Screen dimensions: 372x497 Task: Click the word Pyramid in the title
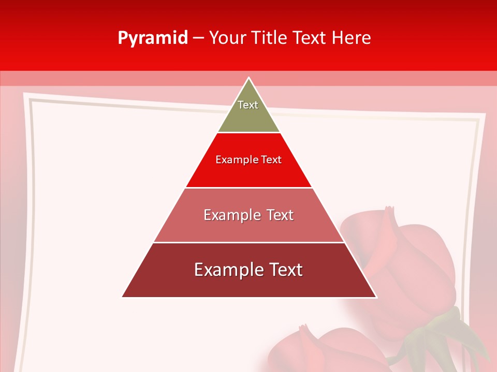(152, 38)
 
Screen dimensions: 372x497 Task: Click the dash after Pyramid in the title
(198, 38)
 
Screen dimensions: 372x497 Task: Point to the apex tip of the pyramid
(249, 79)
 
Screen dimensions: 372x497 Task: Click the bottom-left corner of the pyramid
(123, 297)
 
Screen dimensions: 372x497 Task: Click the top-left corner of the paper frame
(26, 95)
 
